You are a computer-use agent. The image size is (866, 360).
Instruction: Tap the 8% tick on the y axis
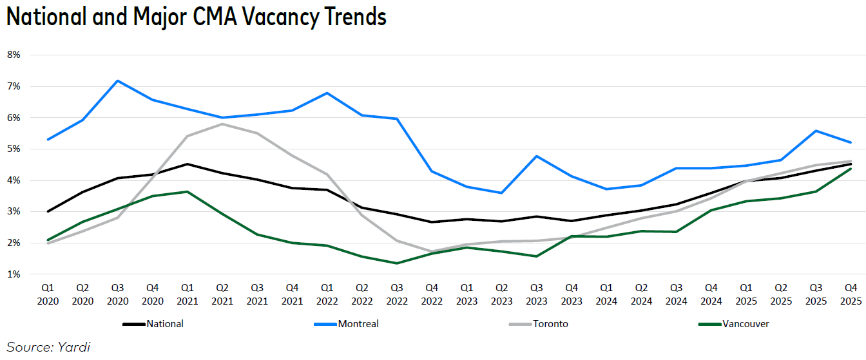14,55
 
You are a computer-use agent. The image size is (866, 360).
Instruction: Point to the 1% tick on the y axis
14,274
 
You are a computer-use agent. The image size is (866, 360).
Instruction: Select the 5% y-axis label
14,149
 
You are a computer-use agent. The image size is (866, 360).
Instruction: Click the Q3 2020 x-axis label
117,294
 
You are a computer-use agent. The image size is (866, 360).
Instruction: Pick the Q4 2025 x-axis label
851,294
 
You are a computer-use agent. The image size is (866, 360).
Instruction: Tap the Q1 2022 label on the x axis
327,294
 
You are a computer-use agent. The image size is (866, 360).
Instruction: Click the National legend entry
164,324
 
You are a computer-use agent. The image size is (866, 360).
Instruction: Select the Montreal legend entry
358,324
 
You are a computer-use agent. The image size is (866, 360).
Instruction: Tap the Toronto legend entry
550,324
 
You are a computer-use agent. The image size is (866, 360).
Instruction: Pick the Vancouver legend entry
745,324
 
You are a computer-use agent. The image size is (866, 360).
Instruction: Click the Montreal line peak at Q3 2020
117,81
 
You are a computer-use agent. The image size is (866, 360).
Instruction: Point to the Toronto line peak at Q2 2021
222,124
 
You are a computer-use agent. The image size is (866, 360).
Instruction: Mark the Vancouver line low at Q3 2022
396,263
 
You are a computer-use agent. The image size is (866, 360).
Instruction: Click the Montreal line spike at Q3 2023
536,156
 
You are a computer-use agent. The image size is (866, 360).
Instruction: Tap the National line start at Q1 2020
48,211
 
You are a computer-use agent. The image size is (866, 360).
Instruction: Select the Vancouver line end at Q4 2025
851,169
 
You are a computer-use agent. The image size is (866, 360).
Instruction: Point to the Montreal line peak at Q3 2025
816,131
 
